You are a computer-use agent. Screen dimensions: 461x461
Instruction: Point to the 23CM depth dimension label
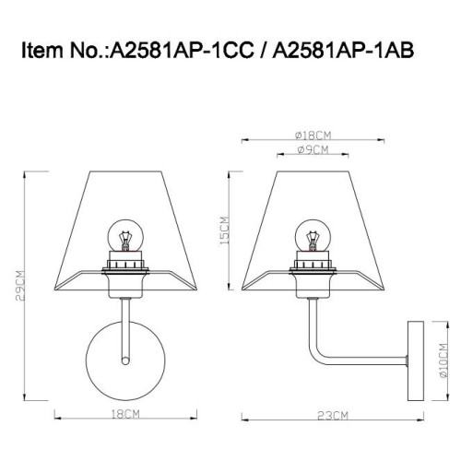[335, 417]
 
